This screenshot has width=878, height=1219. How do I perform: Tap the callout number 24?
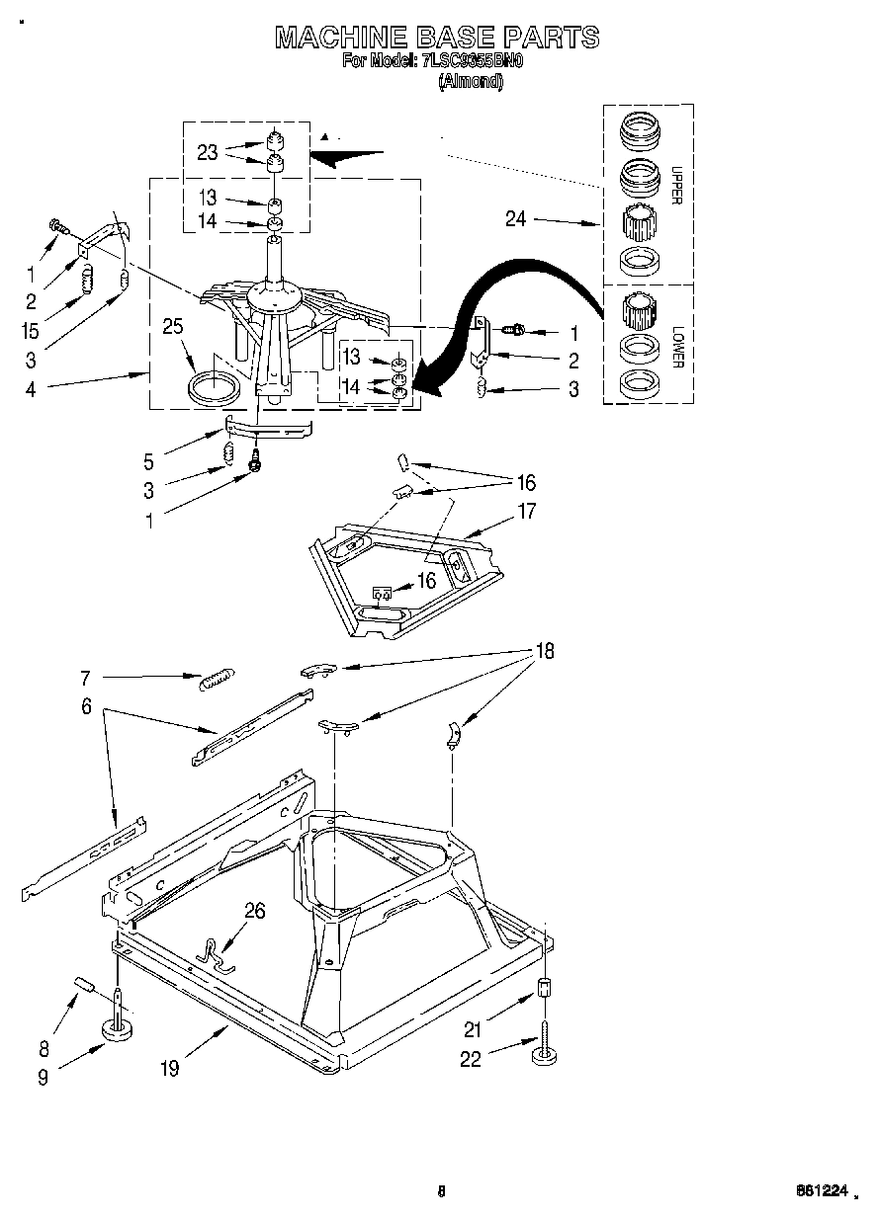coord(515,219)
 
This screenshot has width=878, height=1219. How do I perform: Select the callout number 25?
coord(173,327)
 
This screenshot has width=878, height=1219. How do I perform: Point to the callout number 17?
coord(526,511)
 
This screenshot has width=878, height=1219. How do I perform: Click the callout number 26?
coord(254,911)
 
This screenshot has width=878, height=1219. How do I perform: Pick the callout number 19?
coord(170,1068)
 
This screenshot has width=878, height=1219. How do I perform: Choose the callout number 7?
coord(86,678)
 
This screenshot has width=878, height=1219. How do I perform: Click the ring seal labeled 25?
coord(213,385)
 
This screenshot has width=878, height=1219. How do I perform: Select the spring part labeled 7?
coord(217,681)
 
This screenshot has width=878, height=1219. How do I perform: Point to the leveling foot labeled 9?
coord(118,1031)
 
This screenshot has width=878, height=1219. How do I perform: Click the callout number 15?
coord(31,332)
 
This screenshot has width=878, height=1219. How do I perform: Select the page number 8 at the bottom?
coord(441,1191)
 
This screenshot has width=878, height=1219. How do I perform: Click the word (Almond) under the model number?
coord(470,82)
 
